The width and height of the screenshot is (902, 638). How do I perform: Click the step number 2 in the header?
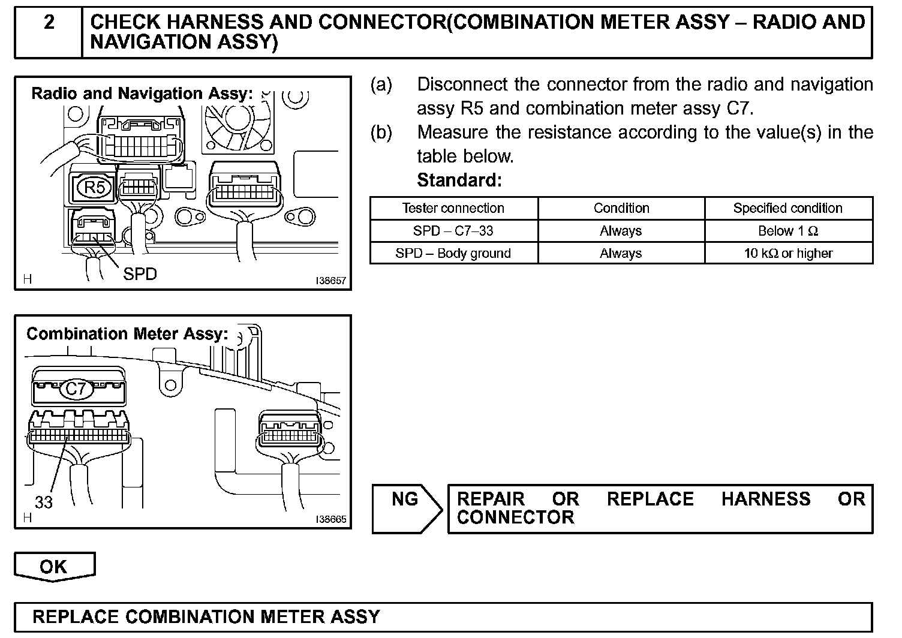click(49, 22)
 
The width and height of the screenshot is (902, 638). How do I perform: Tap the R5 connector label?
click(94, 188)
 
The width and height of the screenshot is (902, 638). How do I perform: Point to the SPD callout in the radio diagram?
click(140, 274)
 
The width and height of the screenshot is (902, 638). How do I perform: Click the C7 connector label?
click(76, 389)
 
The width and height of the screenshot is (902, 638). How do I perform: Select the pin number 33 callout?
click(43, 502)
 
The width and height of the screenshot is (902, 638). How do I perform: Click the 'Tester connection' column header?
click(453, 208)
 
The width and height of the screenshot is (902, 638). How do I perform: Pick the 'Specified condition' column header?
click(787, 208)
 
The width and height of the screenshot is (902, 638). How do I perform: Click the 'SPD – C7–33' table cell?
click(453, 231)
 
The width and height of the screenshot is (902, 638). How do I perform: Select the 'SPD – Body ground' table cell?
click(453, 253)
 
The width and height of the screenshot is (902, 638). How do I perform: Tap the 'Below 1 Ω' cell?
click(787, 231)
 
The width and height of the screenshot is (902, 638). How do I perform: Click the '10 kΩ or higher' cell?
click(787, 253)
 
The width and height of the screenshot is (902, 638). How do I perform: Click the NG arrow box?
click(406, 508)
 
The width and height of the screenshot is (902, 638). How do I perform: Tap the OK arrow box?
click(54, 567)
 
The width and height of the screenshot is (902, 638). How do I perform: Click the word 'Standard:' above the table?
click(459, 180)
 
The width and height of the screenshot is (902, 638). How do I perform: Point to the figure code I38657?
click(330, 281)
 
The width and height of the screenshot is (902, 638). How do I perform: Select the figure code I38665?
click(330, 520)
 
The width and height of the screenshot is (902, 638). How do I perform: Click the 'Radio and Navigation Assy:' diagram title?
click(142, 94)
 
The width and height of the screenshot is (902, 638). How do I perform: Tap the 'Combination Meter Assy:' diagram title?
click(127, 333)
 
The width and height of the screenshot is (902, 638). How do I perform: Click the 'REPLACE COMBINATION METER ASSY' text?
click(206, 617)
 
